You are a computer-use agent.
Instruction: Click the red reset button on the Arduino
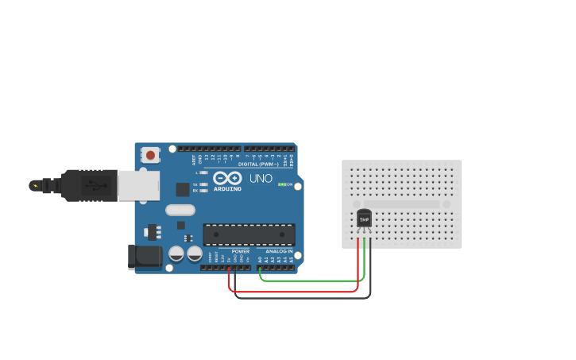[x=150, y=155]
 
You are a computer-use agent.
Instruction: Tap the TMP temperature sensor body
[x=365, y=219]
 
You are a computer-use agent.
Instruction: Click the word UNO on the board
[x=261, y=179]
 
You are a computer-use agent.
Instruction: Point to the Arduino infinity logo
[x=226, y=179]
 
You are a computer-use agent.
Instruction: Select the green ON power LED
[x=280, y=185]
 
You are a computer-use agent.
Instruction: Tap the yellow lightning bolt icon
[x=34, y=186]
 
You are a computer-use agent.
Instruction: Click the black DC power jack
[x=145, y=257]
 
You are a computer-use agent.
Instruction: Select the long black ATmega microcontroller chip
[x=249, y=234]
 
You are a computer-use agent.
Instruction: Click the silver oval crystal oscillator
[x=180, y=211]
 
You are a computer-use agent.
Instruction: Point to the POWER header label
[x=240, y=251]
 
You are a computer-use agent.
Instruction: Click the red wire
[x=294, y=292]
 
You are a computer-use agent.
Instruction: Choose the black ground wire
[x=302, y=298]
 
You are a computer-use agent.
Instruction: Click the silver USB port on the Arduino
[x=137, y=185]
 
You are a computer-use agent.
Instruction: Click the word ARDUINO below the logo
[x=226, y=189]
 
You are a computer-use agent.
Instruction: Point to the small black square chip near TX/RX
[x=183, y=189]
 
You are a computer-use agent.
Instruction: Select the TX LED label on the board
[x=195, y=184]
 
